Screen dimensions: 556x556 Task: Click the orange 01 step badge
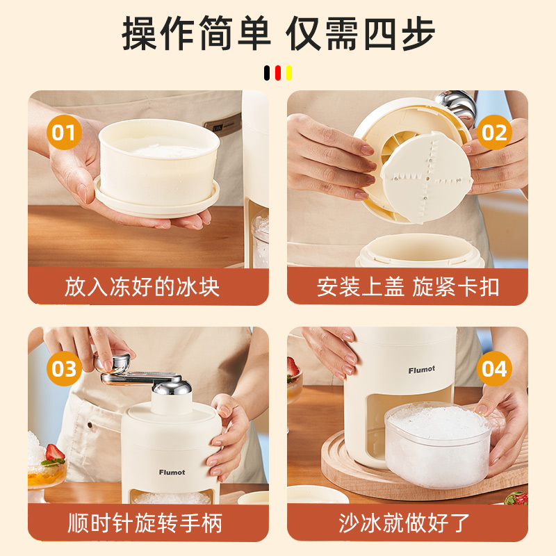pos(64,132)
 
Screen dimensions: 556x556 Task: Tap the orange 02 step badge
pos(494,132)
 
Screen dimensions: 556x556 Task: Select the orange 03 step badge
pos(64,368)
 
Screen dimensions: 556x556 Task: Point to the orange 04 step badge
pos(494,368)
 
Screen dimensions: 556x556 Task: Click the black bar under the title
pos(267,73)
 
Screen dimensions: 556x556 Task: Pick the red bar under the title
pos(278,73)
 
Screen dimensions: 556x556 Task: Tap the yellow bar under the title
pos(289,73)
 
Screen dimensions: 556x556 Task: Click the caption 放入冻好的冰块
pos(142,287)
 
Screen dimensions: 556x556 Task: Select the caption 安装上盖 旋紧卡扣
pos(408,287)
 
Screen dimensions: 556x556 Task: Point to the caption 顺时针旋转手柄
pos(145,523)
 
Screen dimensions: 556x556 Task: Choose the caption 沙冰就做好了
pos(404,523)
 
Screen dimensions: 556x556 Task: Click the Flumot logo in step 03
pos(172,473)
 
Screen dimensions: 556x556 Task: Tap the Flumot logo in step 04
pos(422,370)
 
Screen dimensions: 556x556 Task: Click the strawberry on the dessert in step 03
pos(55,454)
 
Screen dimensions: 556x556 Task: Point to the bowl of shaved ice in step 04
pos(439,445)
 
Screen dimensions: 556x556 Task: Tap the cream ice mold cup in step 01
pos(158,167)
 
